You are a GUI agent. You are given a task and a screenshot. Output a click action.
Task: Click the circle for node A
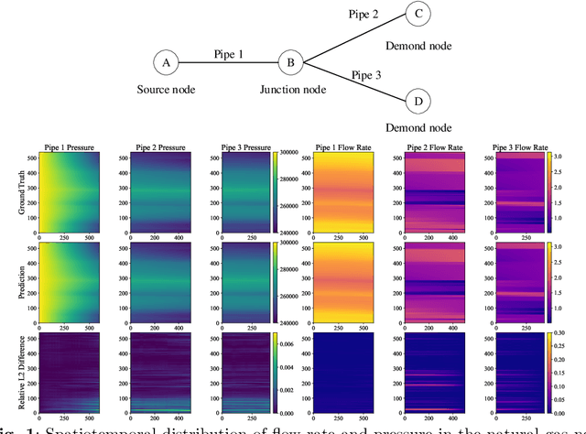[x=166, y=62]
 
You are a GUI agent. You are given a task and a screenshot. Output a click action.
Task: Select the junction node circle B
[x=290, y=62]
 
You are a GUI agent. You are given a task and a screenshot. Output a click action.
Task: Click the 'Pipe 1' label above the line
[x=229, y=54]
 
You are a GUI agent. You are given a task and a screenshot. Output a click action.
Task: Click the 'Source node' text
[x=167, y=90]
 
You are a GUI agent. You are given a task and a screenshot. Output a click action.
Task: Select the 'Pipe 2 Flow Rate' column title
[x=429, y=146]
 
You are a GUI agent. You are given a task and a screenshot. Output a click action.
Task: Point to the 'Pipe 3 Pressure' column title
[x=246, y=146]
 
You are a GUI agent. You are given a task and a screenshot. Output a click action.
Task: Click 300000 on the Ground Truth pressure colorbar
[x=298, y=153]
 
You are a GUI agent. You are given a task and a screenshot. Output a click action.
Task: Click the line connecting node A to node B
[x=229, y=62]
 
